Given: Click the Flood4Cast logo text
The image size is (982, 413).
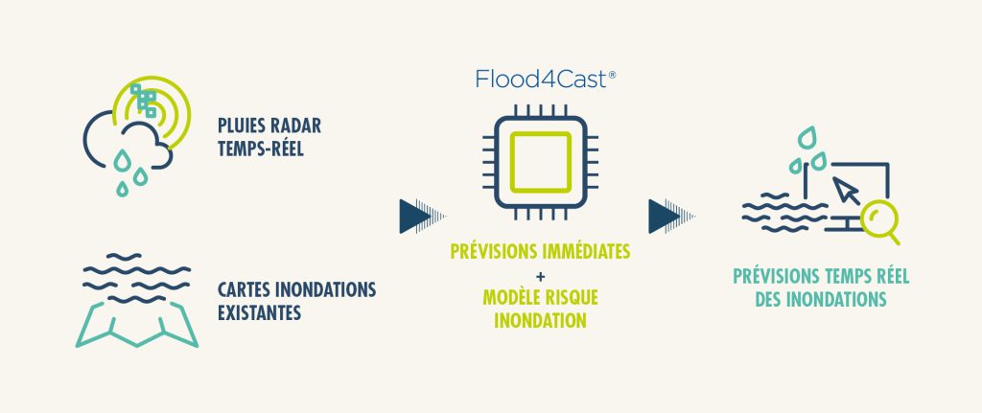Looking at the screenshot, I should click(x=539, y=80).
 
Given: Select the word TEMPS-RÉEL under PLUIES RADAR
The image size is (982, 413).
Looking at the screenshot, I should click(x=262, y=149).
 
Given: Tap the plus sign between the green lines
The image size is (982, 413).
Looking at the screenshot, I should click(x=540, y=275).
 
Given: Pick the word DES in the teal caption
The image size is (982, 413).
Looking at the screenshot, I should click(x=757, y=300).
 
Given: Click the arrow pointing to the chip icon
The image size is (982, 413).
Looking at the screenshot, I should click(x=416, y=216).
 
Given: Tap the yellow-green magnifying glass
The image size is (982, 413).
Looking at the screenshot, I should click(x=879, y=221).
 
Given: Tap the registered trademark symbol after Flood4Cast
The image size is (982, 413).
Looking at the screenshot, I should click(x=611, y=73).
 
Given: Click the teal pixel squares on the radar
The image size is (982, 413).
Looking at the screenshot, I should click(x=146, y=102).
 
